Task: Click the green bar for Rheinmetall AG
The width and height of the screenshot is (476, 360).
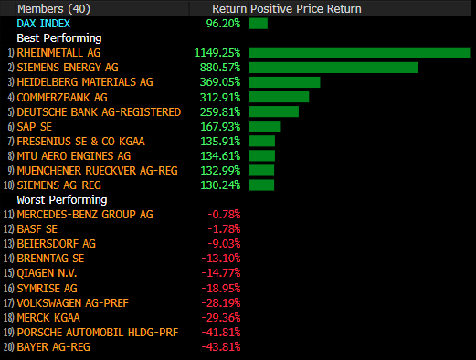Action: [359, 53]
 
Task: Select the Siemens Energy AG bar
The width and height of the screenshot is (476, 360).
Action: [333, 68]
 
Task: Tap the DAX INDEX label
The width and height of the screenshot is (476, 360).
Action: [44, 24]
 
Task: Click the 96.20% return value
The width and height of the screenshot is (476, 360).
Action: [223, 24]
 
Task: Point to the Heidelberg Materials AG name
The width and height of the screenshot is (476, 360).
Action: [85, 82]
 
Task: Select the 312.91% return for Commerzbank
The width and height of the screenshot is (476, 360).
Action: [220, 98]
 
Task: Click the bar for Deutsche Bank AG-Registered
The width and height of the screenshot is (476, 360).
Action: [274, 111]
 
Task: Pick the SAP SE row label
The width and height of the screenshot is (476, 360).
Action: [35, 127]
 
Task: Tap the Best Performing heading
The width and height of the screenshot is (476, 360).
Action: [59, 38]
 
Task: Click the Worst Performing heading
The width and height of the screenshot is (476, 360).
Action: [62, 200]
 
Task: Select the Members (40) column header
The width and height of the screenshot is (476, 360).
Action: [54, 9]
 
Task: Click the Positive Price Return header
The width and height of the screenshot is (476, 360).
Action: [306, 9]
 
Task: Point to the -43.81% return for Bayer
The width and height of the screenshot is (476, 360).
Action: [221, 347]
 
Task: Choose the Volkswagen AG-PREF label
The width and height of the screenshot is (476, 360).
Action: [73, 303]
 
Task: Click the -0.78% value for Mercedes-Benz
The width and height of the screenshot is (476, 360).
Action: [224, 215]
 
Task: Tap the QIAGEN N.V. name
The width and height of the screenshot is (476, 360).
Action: [47, 273]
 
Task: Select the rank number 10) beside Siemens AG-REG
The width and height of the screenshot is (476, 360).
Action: [9, 185]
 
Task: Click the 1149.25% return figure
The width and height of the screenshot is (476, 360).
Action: [217, 53]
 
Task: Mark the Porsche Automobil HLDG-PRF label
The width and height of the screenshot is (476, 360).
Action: [98, 333]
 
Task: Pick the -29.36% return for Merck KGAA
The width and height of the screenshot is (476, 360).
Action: [221, 318]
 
